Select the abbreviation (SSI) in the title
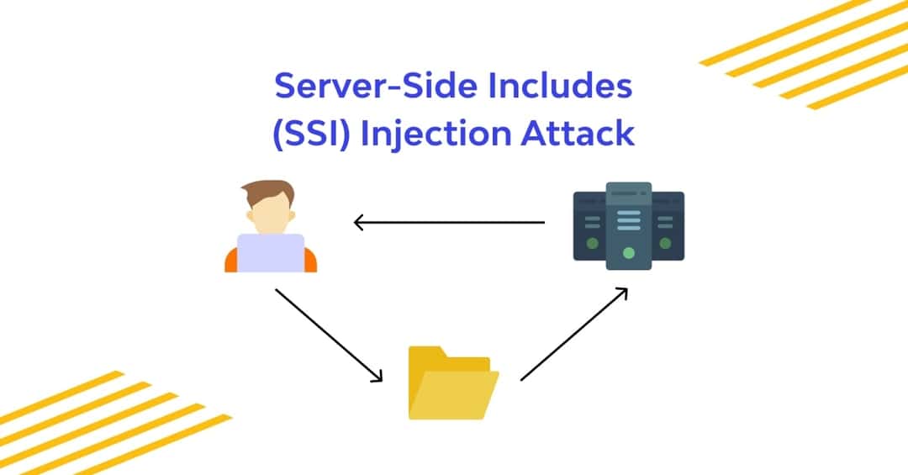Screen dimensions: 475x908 [312, 134]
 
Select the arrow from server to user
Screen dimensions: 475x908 [450, 223]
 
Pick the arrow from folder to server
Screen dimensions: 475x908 [574, 334]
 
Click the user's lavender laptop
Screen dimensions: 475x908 [270, 252]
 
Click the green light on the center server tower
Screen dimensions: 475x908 [628, 252]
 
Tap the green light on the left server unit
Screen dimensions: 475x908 [593, 244]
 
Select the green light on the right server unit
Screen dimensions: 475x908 [665, 244]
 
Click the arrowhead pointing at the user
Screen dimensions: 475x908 [359, 223]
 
